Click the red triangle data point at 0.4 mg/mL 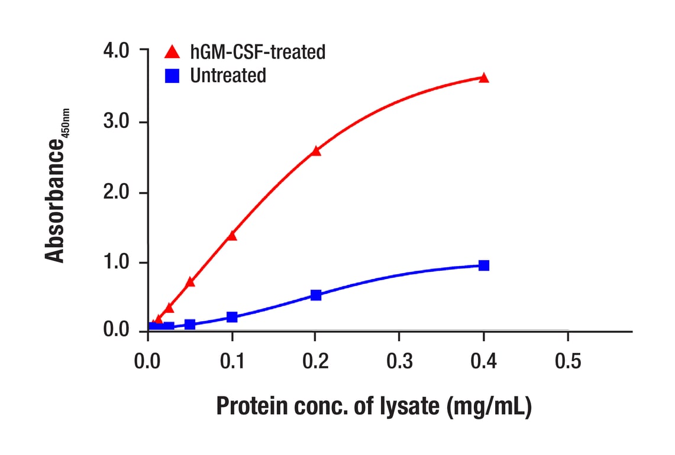(x=483, y=78)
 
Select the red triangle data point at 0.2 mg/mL (x=315, y=151)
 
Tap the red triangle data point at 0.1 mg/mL (x=231, y=236)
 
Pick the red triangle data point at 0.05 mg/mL (x=190, y=282)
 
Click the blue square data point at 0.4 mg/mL (x=483, y=265)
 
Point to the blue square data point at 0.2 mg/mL (x=315, y=295)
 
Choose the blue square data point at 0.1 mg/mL (x=232, y=318)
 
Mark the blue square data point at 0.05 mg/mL (x=190, y=325)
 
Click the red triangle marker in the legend (x=172, y=52)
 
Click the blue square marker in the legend (x=172, y=76)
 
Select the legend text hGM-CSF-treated (x=257, y=52)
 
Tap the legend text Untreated (x=228, y=76)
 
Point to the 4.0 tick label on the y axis (x=117, y=51)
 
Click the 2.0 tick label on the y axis (x=117, y=193)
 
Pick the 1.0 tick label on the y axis (x=117, y=263)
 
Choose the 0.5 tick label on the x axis (x=567, y=361)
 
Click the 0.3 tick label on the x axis (x=399, y=361)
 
